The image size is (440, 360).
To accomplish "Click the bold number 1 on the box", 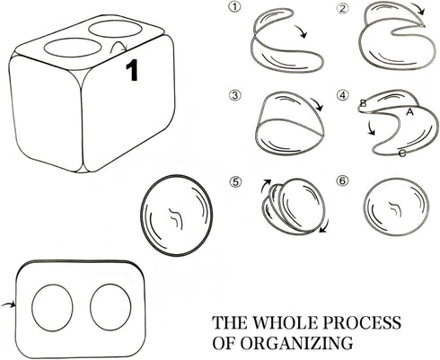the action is tap(132, 70).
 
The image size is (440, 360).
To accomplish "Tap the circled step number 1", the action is tap(234, 6).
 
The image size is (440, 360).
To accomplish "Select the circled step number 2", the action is tap(343, 9).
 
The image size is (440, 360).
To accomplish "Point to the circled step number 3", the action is tap(235, 95).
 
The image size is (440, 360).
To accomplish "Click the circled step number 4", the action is tap(343, 95).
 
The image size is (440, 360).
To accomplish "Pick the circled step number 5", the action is tap(235, 181).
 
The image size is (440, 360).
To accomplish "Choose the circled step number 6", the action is tap(343, 180).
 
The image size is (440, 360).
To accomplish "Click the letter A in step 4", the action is tap(409, 112).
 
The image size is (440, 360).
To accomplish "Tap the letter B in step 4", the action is tap(363, 103).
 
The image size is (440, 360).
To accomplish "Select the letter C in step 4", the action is tap(402, 154).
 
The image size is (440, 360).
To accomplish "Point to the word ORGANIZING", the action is tap(296, 343).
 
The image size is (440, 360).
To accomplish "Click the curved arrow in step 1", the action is tap(301, 31).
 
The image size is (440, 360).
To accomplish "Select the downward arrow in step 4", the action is tap(370, 127).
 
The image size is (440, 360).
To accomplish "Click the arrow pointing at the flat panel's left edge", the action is tap(8, 304).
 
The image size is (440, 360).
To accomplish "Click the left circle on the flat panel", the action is tap(52, 308).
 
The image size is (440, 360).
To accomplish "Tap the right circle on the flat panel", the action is tap(110, 307).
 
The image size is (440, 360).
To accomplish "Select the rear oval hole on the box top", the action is tap(116, 29).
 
